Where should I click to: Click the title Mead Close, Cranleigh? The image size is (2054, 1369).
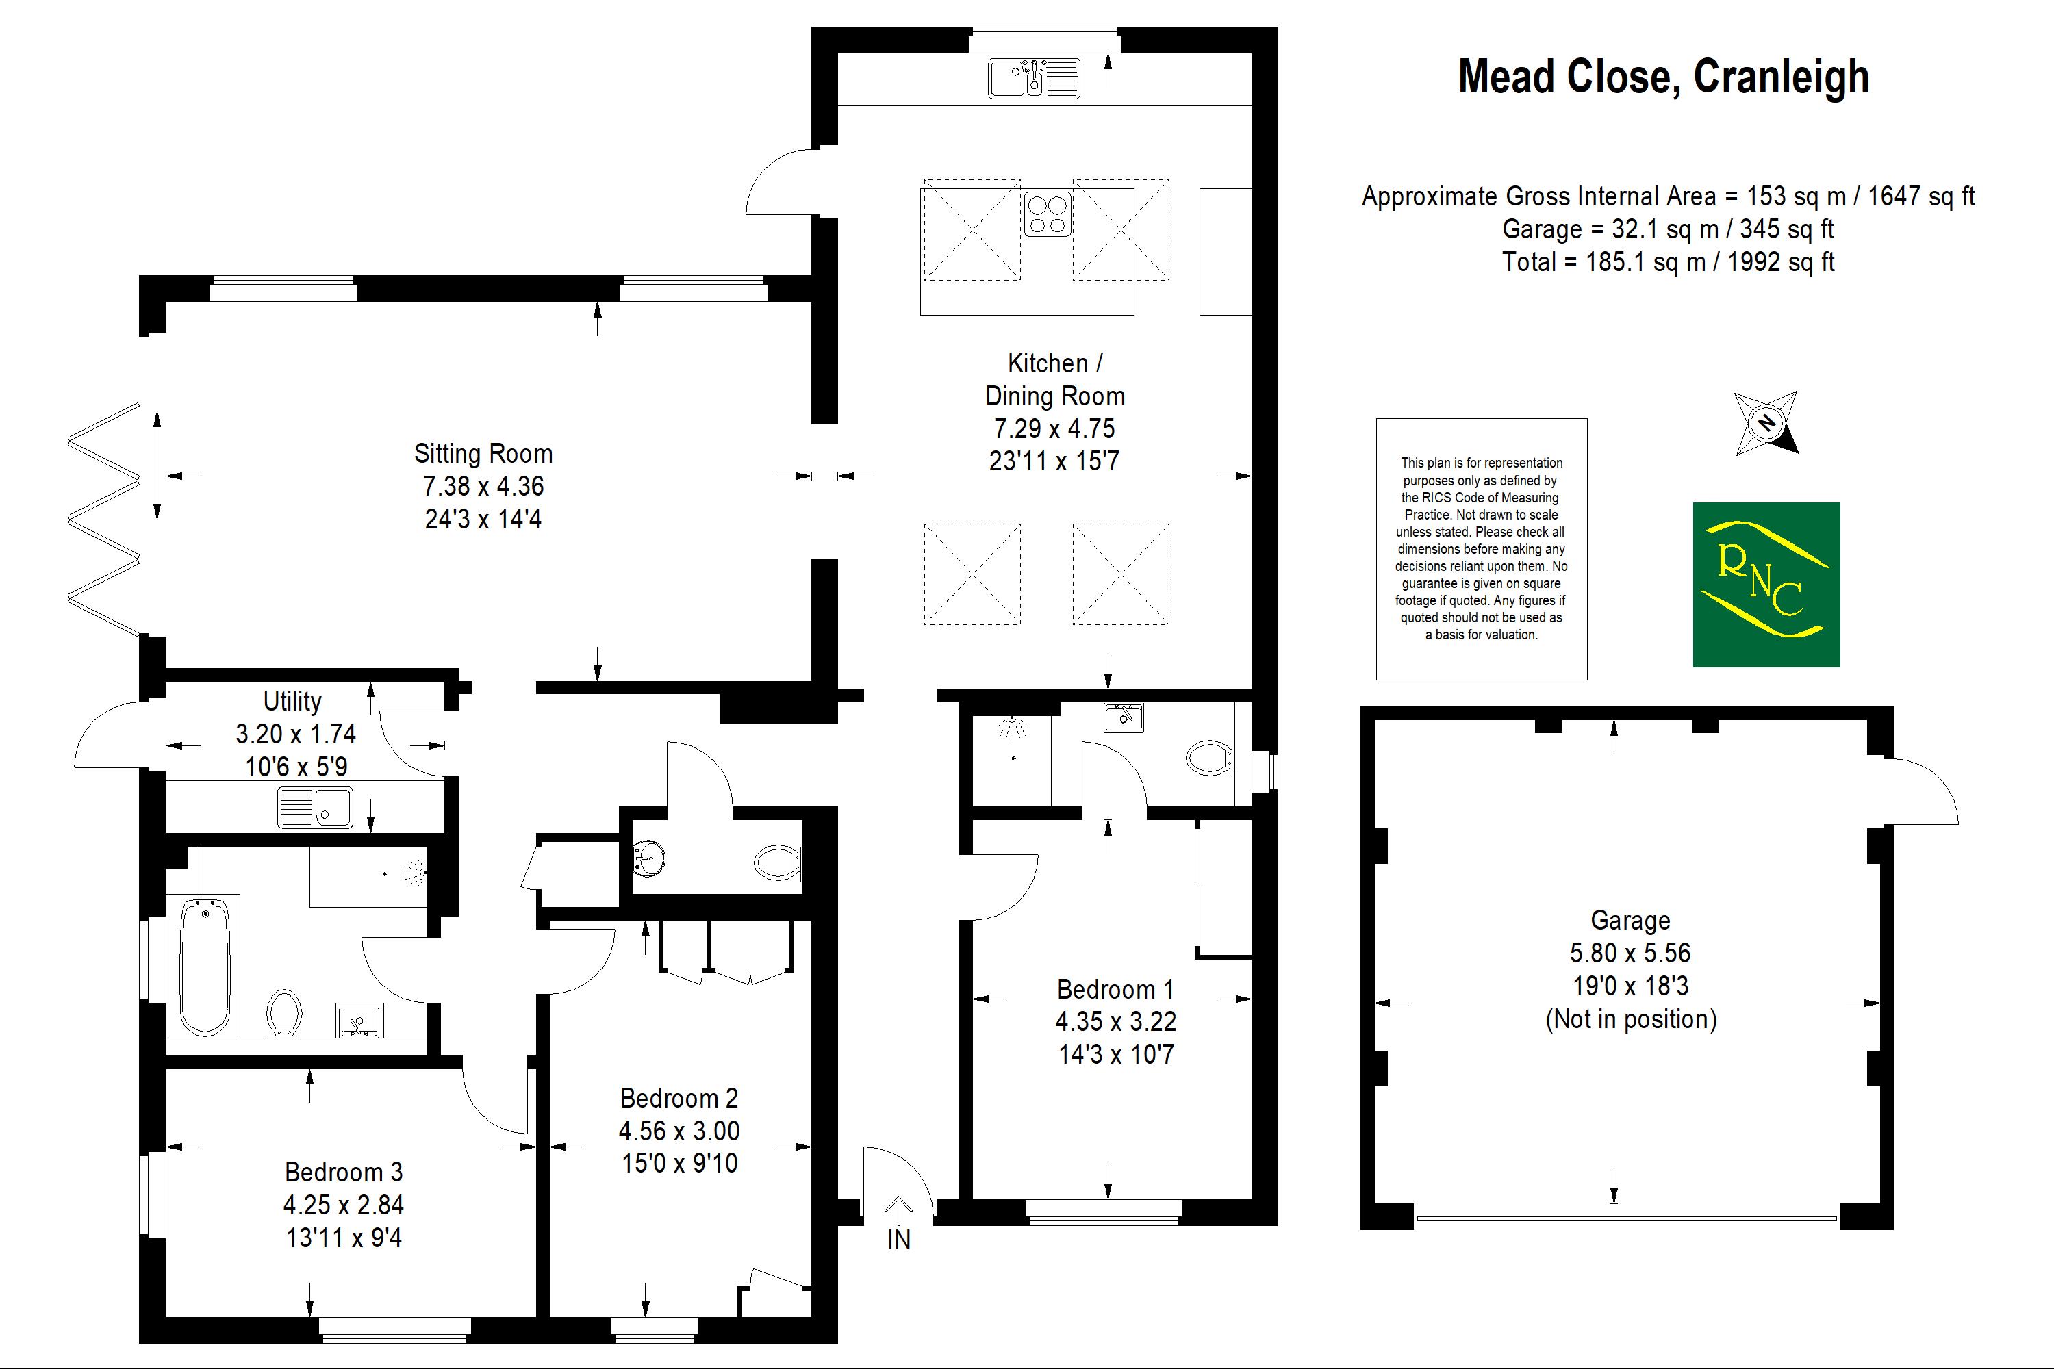1663,77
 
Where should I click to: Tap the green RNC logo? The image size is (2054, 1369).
1766,584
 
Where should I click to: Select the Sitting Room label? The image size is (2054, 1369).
483,454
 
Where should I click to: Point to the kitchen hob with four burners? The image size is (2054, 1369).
1047,214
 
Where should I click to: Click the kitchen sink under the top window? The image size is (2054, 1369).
1034,78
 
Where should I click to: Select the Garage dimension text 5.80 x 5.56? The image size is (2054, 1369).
1630,953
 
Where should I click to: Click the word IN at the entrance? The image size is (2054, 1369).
898,1240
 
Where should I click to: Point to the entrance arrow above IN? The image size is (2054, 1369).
898,1210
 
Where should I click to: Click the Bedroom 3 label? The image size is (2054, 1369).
343,1172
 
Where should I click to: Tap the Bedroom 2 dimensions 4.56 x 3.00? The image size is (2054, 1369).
679,1131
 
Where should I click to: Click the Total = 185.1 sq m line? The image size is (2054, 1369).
1667,262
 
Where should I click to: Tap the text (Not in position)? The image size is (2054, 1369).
1630,1019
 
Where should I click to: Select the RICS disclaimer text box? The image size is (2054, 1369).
1481,548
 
